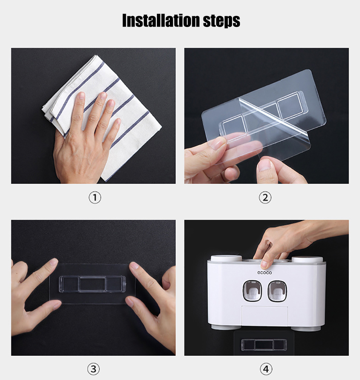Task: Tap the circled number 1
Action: (95, 197)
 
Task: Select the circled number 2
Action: (265, 197)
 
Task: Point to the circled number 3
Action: (94, 369)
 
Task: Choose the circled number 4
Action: (266, 369)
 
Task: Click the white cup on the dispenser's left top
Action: (226, 259)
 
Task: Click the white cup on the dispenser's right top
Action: (307, 260)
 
